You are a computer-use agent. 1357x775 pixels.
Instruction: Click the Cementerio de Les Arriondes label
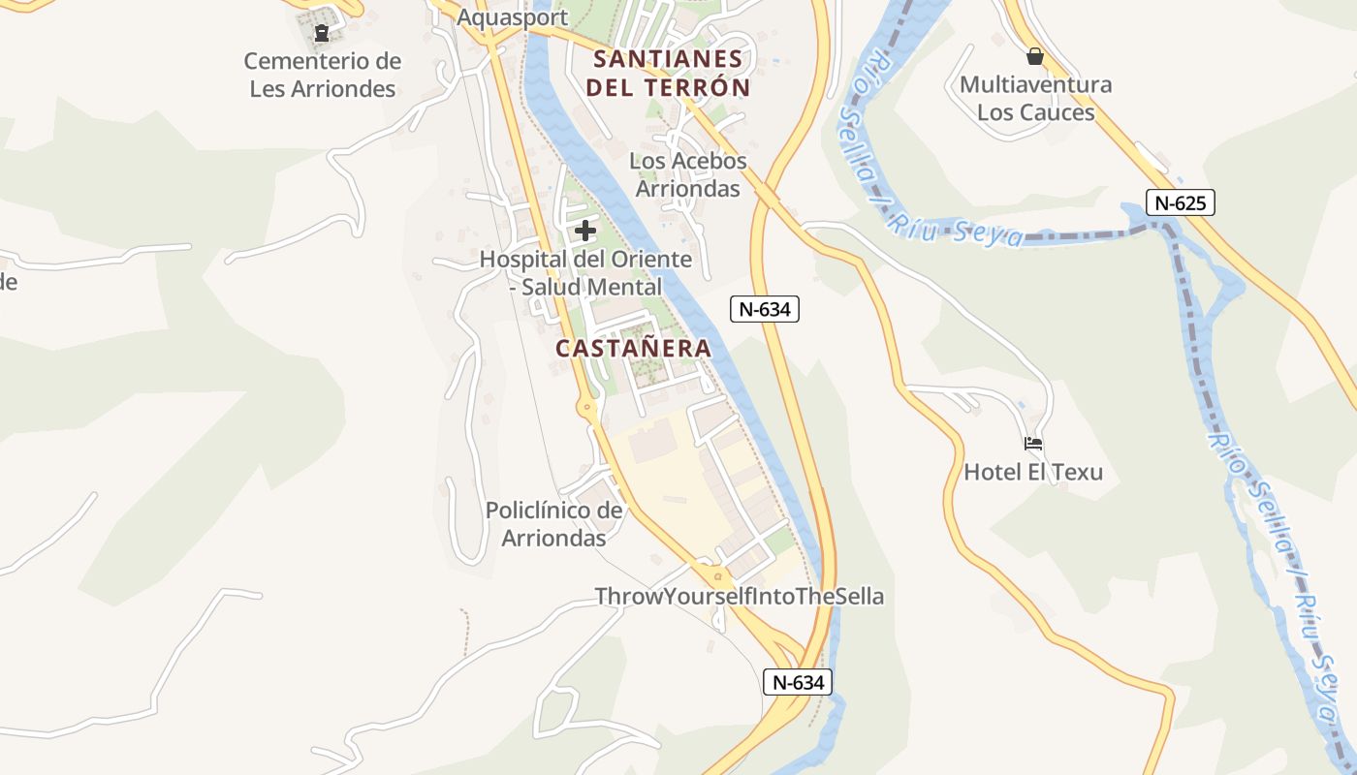coord(322,75)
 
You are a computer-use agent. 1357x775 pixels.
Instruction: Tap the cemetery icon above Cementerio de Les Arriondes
coord(322,34)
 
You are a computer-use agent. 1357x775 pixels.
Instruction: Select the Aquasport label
coord(512,17)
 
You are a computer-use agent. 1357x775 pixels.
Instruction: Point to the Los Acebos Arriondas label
coord(688,174)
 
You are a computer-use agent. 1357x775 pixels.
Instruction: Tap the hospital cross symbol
coord(585,231)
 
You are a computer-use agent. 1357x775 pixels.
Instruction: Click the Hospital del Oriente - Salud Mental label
coord(585,273)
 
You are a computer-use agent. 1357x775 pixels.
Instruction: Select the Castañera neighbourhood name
coord(633,348)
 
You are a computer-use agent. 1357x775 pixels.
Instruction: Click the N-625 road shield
coord(1180,203)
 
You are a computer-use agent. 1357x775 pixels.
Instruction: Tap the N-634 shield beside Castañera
coord(764,309)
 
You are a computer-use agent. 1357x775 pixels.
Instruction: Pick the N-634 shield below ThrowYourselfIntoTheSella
coord(798,682)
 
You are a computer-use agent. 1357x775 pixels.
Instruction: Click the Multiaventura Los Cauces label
coord(1035,98)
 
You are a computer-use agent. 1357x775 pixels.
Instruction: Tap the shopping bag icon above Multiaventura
coord(1035,56)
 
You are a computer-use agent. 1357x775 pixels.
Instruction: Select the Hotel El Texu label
coord(1033,473)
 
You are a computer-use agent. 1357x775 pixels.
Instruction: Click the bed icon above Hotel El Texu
coord(1033,445)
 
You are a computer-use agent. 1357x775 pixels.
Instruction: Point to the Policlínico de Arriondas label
coord(553,523)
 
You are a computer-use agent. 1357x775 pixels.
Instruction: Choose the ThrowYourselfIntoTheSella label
coord(739,596)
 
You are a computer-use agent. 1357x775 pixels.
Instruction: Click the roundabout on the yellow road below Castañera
coord(587,408)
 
